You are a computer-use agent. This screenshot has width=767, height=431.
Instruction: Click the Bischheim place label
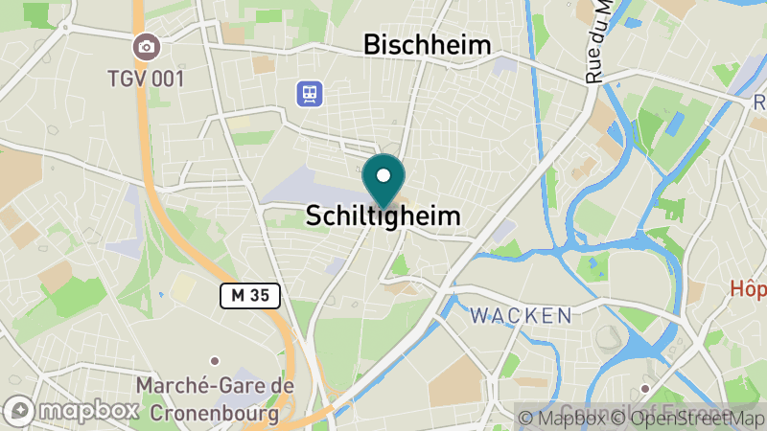[427, 44]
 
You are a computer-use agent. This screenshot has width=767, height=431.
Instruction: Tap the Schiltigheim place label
[383, 216]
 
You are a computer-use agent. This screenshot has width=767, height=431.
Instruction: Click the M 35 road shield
[249, 296]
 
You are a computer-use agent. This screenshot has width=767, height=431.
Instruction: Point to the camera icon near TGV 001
[146, 46]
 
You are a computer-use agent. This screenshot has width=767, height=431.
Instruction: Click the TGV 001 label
[146, 79]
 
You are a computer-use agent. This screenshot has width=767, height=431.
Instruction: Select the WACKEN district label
[521, 315]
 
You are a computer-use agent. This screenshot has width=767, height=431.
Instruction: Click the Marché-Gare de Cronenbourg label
[215, 399]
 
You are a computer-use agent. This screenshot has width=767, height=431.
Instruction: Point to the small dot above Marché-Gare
[215, 361]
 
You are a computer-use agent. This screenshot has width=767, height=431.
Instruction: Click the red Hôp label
[748, 288]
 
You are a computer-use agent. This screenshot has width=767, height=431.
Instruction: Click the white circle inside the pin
[383, 176]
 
